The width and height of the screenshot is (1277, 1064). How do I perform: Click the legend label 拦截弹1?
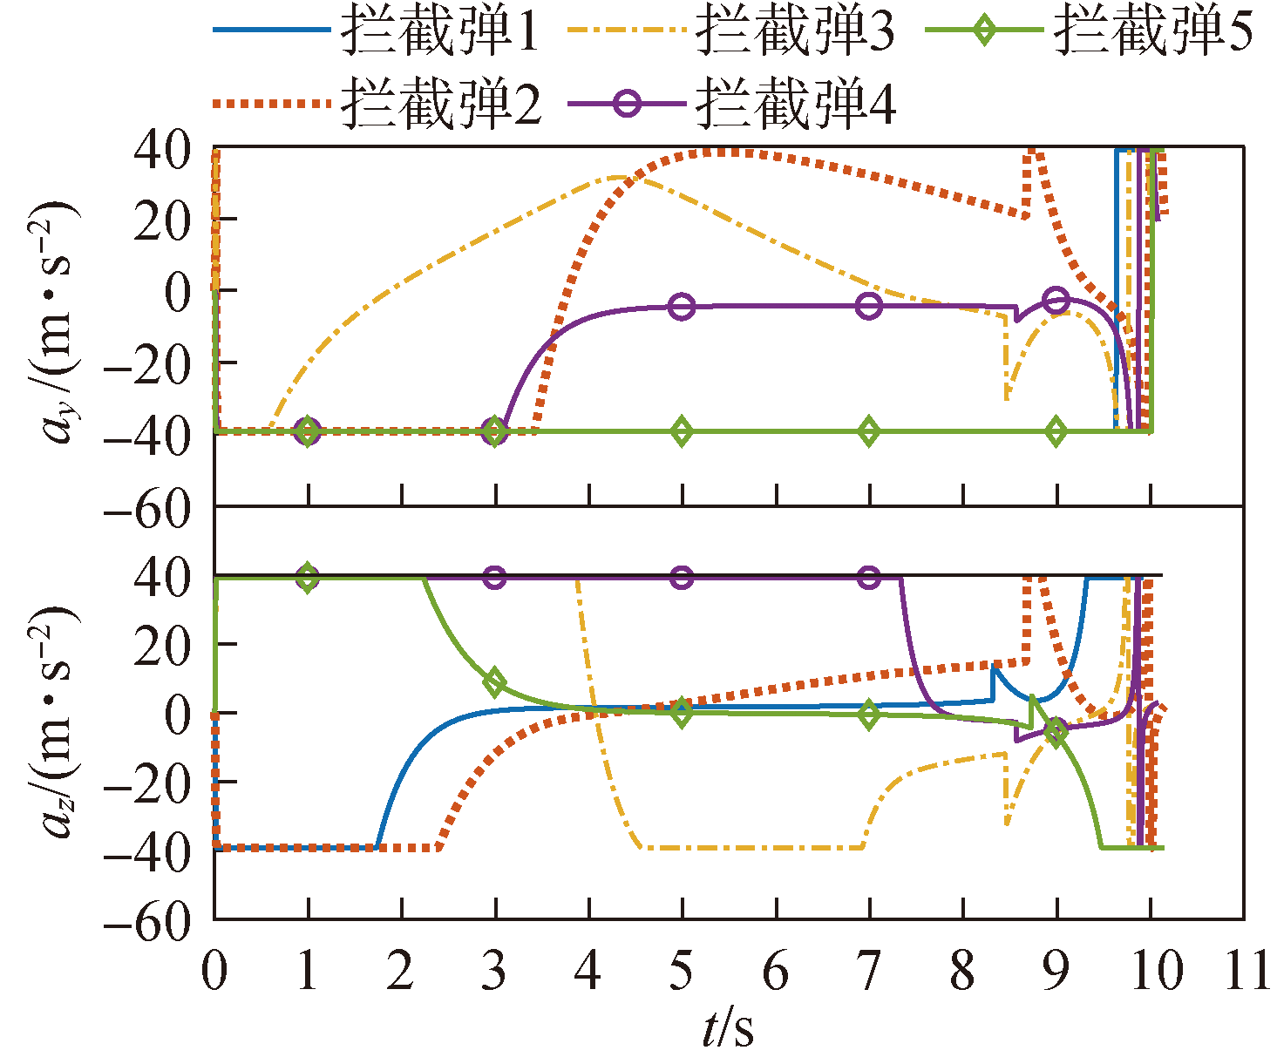click(440, 32)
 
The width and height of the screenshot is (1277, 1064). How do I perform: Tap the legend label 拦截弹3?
click(795, 32)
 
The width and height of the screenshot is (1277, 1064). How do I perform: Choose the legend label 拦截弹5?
click(1152, 32)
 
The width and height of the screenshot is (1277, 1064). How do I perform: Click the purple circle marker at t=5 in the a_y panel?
click(683, 307)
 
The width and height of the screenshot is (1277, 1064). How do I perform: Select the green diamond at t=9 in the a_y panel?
click(1056, 431)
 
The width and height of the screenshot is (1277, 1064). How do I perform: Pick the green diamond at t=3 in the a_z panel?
click(495, 682)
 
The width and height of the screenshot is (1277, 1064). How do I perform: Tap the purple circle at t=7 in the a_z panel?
click(869, 577)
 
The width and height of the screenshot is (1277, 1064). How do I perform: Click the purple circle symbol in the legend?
click(626, 104)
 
